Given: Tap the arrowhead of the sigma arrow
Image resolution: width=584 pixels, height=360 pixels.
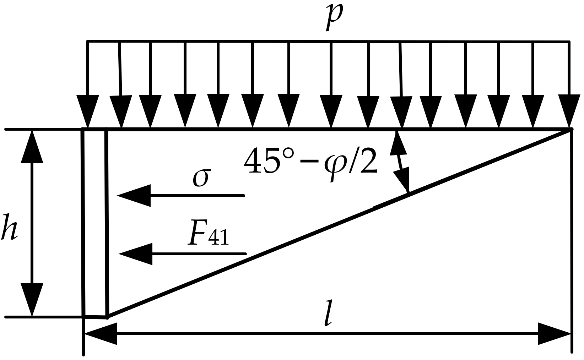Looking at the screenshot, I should point(134,195).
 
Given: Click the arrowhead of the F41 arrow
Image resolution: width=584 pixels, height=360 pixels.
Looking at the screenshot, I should point(136,254).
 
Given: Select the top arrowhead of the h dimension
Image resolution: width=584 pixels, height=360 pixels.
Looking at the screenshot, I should point(32,147).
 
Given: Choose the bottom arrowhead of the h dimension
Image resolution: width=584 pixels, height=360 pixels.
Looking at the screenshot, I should point(32,299).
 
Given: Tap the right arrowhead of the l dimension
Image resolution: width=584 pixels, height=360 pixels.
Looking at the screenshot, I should point(554,334).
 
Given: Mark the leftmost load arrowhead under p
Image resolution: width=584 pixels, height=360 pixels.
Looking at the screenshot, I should point(88,111).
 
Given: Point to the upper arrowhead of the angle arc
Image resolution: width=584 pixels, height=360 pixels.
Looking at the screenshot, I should point(398,144).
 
